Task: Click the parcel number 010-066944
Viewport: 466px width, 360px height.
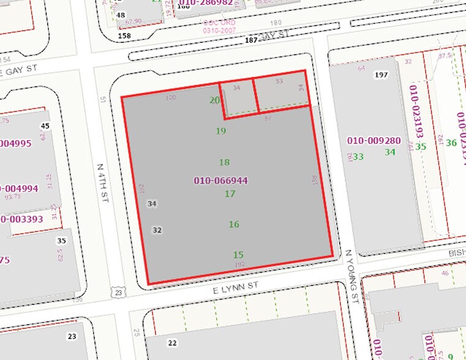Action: tap(220, 181)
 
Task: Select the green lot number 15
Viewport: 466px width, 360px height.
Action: tap(238, 255)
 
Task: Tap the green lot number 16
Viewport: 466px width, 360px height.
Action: tap(234, 225)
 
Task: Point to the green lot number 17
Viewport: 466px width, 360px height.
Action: tap(230, 194)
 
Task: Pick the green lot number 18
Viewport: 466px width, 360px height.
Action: tap(224, 162)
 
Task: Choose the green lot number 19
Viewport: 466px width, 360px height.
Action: tap(221, 131)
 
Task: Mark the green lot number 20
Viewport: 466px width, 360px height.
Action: tap(214, 100)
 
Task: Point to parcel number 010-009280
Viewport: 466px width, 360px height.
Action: tap(374, 141)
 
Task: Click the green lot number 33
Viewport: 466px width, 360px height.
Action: tap(358, 157)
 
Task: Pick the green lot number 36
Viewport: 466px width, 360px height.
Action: tap(452, 143)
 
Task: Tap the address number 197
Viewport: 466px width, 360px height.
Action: tap(382, 75)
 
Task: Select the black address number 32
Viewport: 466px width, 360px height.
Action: tap(157, 230)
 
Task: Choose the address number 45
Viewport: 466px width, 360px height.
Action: tap(44, 126)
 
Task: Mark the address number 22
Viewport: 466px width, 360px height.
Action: tap(172, 343)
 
